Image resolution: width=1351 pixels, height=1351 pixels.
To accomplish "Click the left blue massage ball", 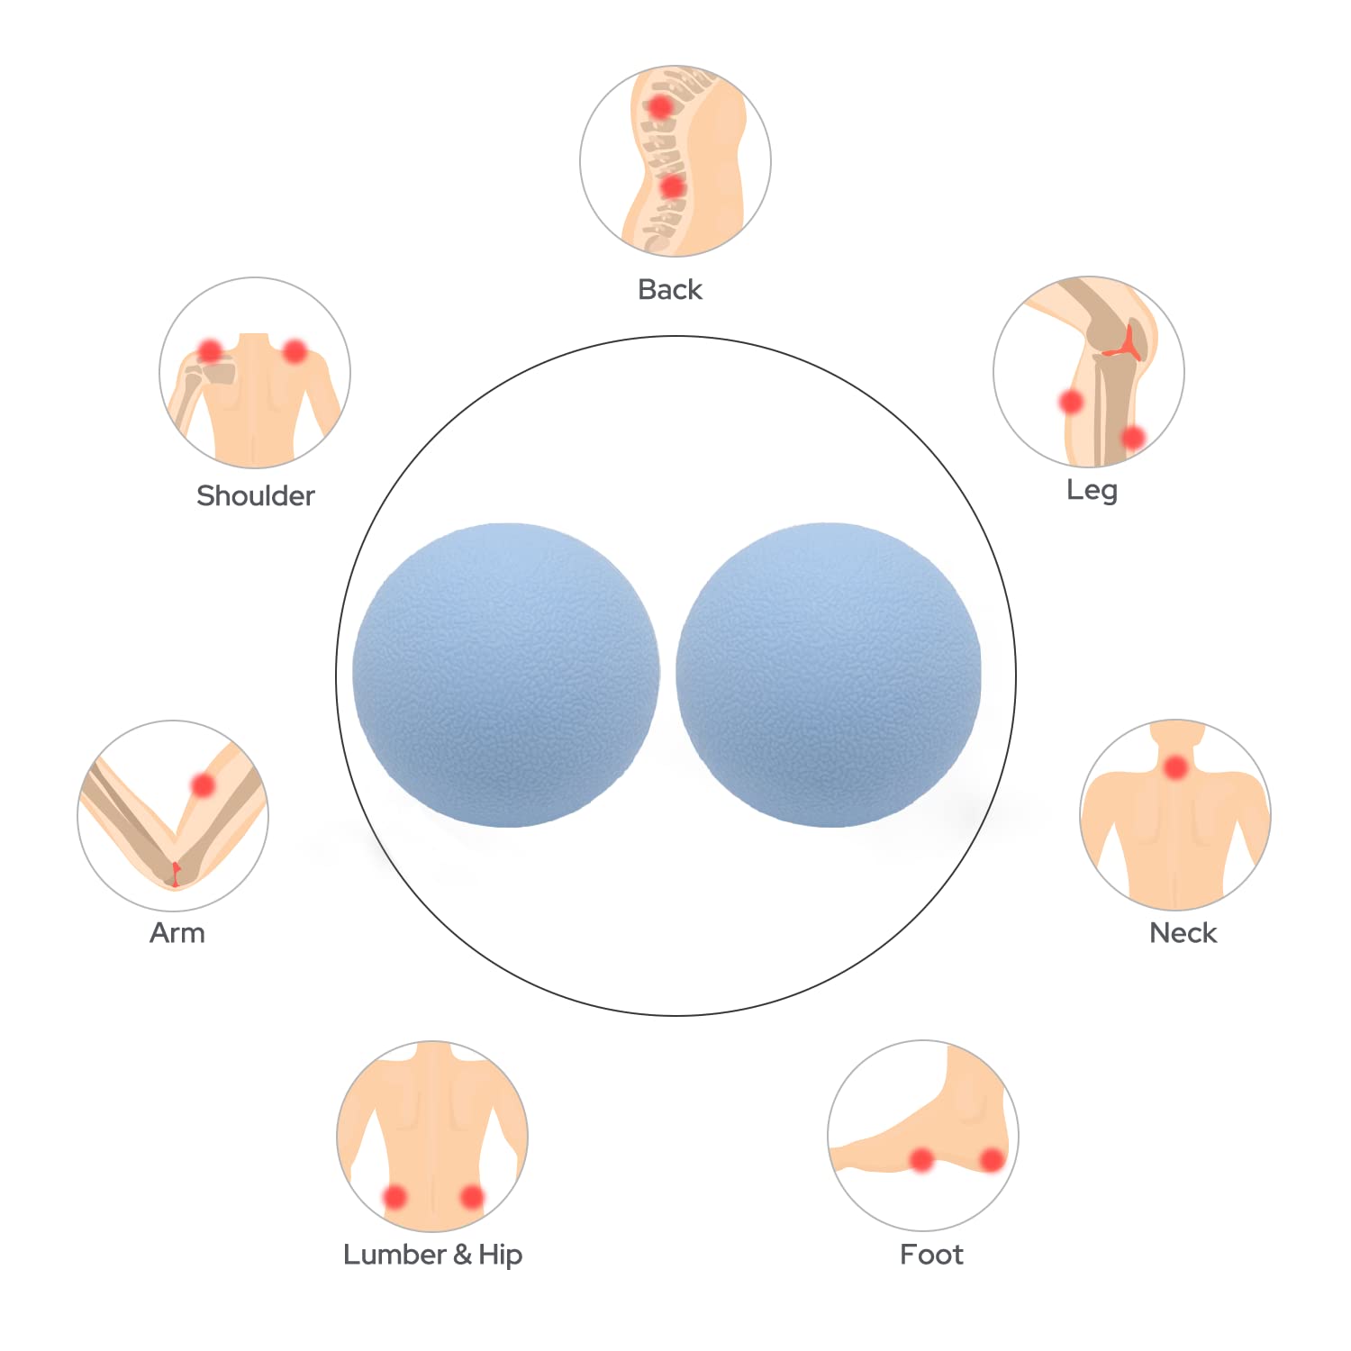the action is pyautogui.click(x=506, y=675).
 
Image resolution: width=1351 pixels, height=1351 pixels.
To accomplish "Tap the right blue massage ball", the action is pyautogui.click(x=829, y=675).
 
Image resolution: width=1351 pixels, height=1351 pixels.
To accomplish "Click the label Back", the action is pyautogui.click(x=670, y=290).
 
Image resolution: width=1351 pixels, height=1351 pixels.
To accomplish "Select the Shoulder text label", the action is pyautogui.click(x=256, y=495).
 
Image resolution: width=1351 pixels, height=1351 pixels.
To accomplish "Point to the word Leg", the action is pyautogui.click(x=1092, y=491).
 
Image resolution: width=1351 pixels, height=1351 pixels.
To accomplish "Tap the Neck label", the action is pyautogui.click(x=1183, y=932).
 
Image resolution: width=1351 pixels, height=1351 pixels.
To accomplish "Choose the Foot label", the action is pyautogui.click(x=931, y=1254).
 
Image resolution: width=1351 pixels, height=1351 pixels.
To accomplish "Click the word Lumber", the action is pyautogui.click(x=394, y=1254).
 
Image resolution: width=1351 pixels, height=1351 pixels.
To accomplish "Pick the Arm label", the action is pyautogui.click(x=177, y=932).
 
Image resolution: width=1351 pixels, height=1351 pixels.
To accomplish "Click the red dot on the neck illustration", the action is pyautogui.click(x=1175, y=768).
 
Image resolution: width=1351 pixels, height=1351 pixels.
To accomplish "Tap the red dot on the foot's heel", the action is pyautogui.click(x=992, y=1160).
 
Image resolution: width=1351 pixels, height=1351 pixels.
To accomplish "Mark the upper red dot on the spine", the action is pyautogui.click(x=660, y=106).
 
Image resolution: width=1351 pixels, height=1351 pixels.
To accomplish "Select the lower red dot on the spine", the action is pyautogui.click(x=672, y=186).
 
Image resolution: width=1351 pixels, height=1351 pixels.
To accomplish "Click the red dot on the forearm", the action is pyautogui.click(x=204, y=785).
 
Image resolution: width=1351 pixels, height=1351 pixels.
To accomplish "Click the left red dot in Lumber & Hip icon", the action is pyautogui.click(x=394, y=1197).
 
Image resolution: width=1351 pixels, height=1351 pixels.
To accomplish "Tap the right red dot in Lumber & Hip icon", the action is pyautogui.click(x=472, y=1197).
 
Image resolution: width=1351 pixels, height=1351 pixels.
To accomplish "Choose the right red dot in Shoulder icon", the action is pyautogui.click(x=295, y=350).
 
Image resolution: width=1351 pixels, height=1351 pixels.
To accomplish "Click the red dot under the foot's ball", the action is pyautogui.click(x=921, y=1159).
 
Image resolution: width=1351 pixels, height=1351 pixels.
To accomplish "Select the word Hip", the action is pyautogui.click(x=501, y=1256).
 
